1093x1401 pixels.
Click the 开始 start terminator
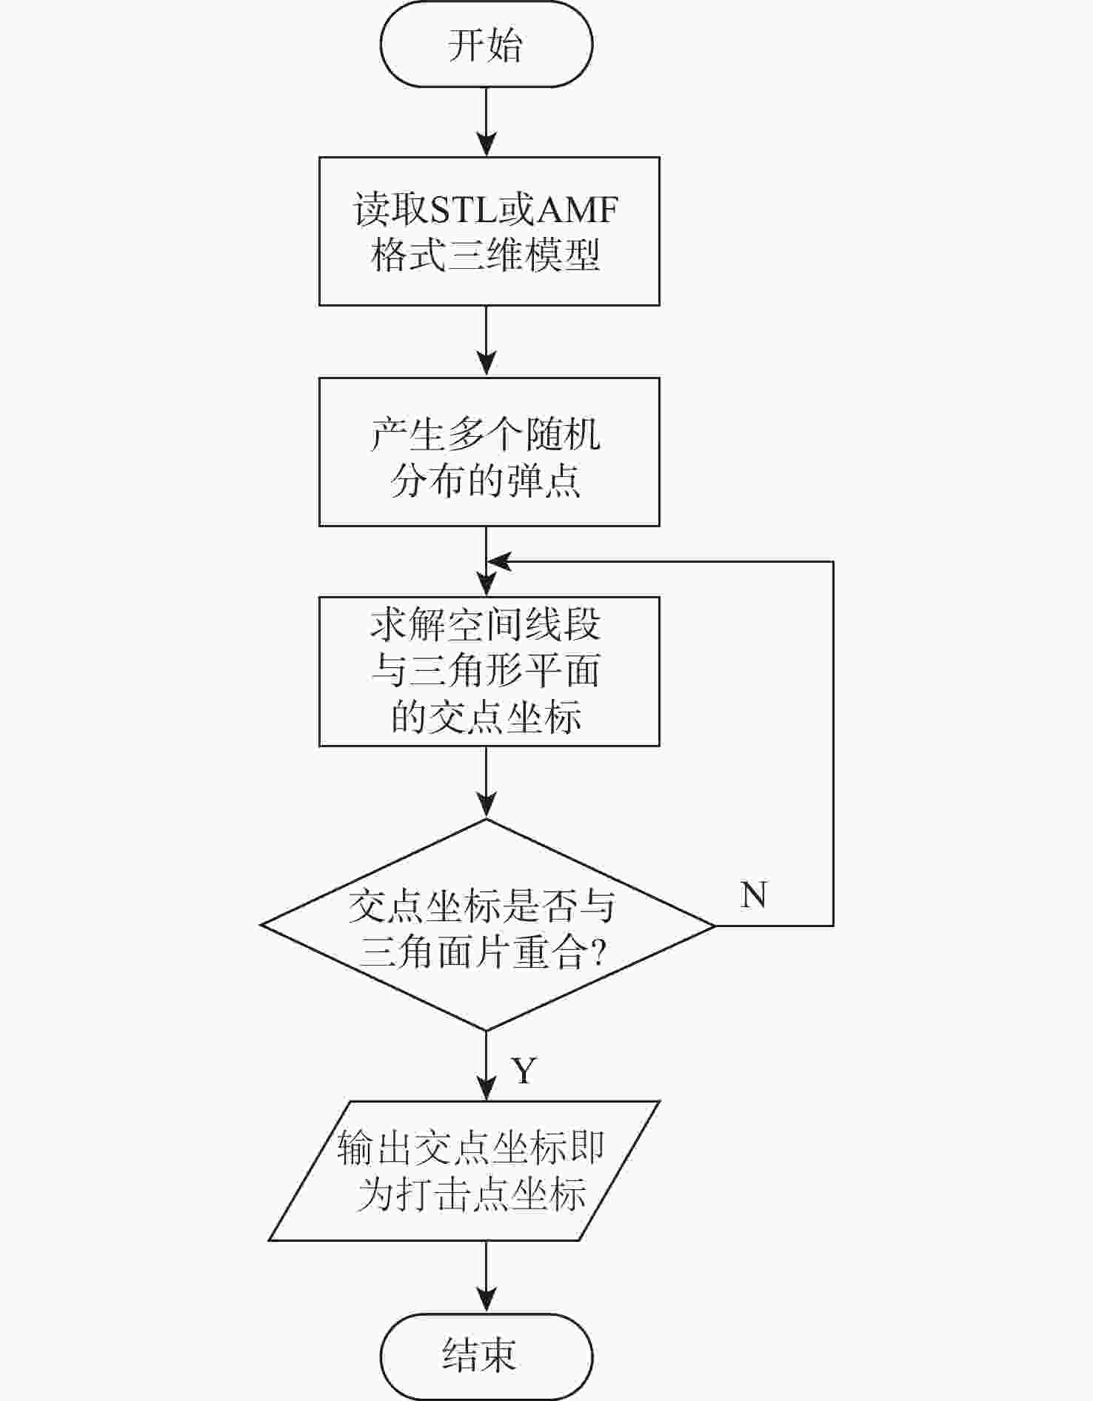pyautogui.click(x=486, y=44)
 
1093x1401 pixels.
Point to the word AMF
pyautogui.click(x=577, y=210)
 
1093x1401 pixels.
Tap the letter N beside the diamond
pyautogui.click(x=753, y=895)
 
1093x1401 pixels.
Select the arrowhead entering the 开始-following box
pyautogui.click(x=486, y=144)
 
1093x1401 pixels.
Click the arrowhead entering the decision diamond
pyautogui.click(x=486, y=806)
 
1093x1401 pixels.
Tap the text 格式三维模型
pyautogui.click(x=486, y=255)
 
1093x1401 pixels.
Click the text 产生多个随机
pyautogui.click(x=486, y=434)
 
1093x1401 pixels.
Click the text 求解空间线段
pyautogui.click(x=486, y=626)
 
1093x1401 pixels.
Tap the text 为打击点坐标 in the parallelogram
pyautogui.click(x=472, y=1194)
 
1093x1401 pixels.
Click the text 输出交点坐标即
pyautogui.click(x=471, y=1147)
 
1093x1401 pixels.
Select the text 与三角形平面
pyautogui.click(x=486, y=672)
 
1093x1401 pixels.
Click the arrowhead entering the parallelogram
pyautogui.click(x=486, y=1089)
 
